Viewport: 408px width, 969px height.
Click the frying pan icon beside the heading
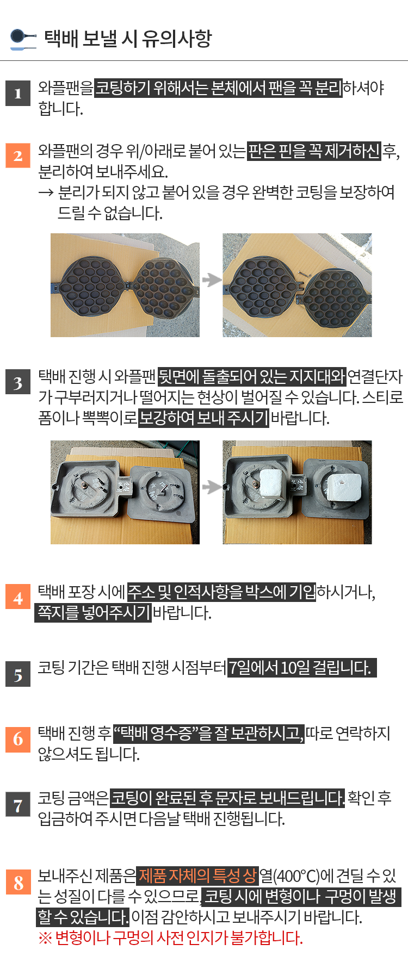(x=23, y=39)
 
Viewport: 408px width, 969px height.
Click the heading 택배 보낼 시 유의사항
(x=127, y=38)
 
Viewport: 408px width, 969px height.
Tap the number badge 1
(x=18, y=93)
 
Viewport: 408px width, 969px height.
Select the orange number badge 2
(x=18, y=156)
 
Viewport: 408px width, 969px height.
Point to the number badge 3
(x=18, y=382)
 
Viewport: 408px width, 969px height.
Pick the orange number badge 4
(x=18, y=598)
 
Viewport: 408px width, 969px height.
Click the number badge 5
(x=18, y=674)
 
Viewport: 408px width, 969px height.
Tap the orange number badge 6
(x=18, y=738)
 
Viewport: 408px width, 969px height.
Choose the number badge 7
(x=18, y=805)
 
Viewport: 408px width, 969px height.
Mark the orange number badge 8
(x=18, y=882)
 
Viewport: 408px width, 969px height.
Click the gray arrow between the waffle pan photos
(x=211, y=279)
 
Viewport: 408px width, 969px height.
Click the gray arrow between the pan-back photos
(x=211, y=487)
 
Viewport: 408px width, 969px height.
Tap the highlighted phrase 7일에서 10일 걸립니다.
(x=302, y=667)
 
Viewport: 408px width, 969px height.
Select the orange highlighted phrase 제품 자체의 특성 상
(x=197, y=875)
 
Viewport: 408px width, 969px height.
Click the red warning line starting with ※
(x=170, y=937)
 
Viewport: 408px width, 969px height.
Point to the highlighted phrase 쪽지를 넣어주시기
(x=93, y=612)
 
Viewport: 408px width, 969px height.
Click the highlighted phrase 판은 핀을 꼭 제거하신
(x=314, y=150)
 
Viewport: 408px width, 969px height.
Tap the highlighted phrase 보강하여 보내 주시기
(x=203, y=418)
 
